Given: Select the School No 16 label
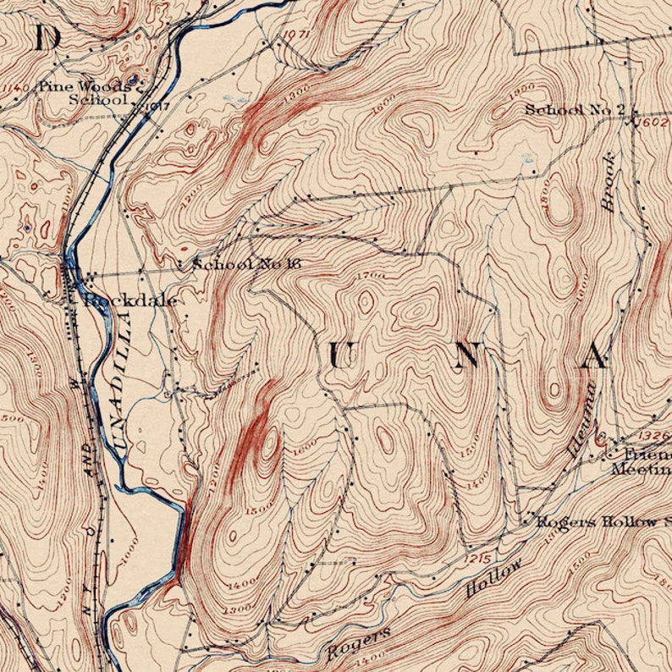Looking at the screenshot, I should coord(246,264).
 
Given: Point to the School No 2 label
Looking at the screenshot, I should coord(575,109).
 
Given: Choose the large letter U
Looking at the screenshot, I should coord(340,356).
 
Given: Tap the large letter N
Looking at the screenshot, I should coord(468,355).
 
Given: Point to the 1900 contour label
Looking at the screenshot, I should coord(525,88).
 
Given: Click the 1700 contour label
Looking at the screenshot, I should coord(371,276).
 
